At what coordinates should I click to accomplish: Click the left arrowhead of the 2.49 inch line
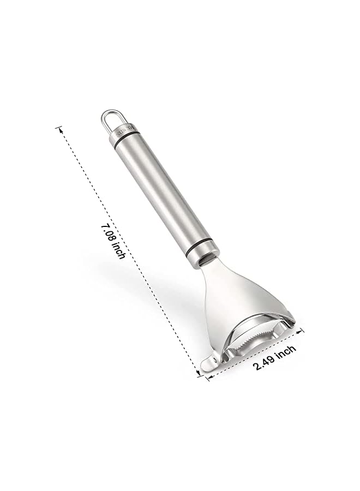pos(208,378)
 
